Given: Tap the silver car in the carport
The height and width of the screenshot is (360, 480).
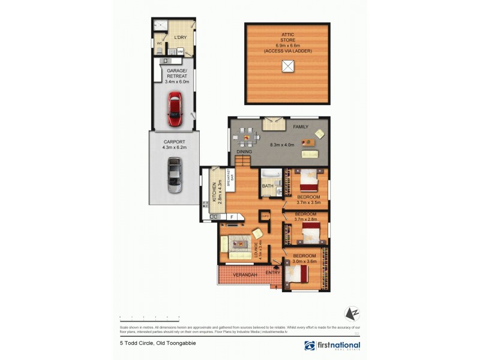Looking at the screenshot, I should tap(175, 175).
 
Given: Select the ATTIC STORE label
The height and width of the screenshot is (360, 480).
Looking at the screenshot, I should tap(287, 38).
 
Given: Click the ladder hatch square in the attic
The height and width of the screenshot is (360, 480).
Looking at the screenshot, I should tap(287, 67).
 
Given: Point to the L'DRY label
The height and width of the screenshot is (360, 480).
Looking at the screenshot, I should tap(179, 38).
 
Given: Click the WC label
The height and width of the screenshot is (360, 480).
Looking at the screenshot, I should tap(160, 44).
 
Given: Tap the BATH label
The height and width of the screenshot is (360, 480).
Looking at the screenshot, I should tap(268, 186).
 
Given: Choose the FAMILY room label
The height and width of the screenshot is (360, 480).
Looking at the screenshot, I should tap(300, 127).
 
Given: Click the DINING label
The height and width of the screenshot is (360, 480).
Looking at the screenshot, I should tap(244, 152).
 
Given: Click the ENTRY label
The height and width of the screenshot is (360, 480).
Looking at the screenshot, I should tap(273, 273).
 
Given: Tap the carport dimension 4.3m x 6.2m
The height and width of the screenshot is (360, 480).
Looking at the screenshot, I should tap(174, 147).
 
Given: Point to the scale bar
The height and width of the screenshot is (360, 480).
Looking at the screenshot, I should tap(149, 316).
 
